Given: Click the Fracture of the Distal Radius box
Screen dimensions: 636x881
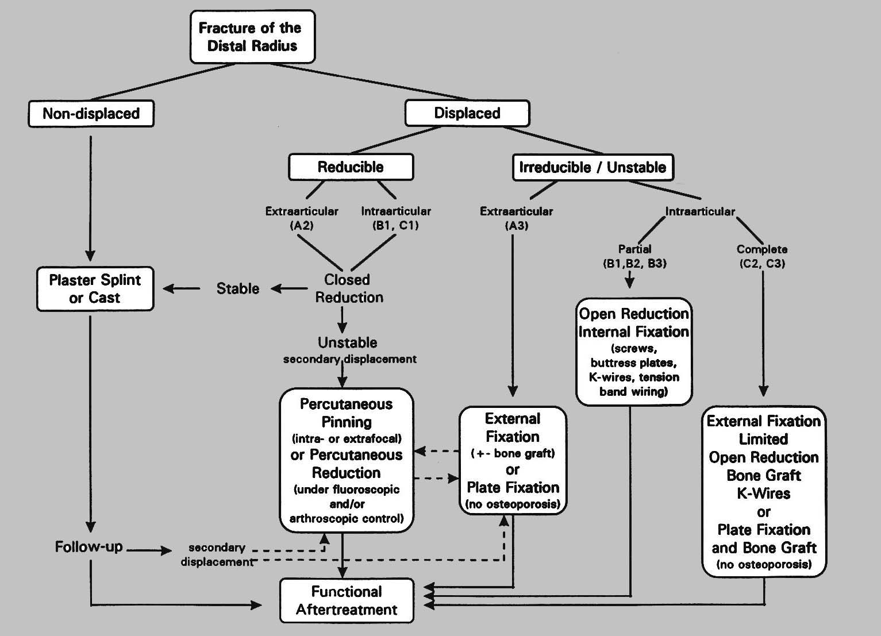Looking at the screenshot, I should pyautogui.click(x=252, y=37).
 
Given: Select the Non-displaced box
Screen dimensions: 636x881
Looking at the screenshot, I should pyautogui.click(x=91, y=114).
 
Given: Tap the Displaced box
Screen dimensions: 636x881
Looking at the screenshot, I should pyautogui.click(x=467, y=113).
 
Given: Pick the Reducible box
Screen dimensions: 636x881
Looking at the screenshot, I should pyautogui.click(x=351, y=167).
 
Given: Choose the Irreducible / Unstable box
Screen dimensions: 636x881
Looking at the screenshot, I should pyautogui.click(x=593, y=167).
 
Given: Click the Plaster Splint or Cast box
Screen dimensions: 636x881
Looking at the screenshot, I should pyautogui.click(x=95, y=289).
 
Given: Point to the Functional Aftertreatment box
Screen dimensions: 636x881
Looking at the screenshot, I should pyautogui.click(x=347, y=600).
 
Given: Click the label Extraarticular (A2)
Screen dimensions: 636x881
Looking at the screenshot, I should pyautogui.click(x=302, y=218).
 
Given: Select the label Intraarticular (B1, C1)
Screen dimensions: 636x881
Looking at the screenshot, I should pyautogui.click(x=396, y=218).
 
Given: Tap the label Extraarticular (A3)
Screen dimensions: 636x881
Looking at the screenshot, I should pyautogui.click(x=516, y=218).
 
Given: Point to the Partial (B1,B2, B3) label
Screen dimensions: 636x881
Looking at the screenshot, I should pyautogui.click(x=634, y=256).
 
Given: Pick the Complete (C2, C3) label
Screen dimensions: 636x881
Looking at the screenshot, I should pyautogui.click(x=762, y=256).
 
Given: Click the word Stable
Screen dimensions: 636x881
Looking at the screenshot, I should pyautogui.click(x=237, y=288).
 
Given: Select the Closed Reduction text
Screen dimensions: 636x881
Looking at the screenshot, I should pyautogui.click(x=348, y=288).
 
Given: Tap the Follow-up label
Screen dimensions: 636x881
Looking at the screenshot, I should pyautogui.click(x=89, y=546).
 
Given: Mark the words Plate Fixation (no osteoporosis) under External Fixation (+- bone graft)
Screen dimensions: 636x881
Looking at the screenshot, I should pyautogui.click(x=513, y=495).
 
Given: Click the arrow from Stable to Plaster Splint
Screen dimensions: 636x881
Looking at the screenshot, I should pyautogui.click(x=182, y=288).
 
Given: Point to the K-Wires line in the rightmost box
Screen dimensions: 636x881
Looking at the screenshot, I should pyautogui.click(x=764, y=494).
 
